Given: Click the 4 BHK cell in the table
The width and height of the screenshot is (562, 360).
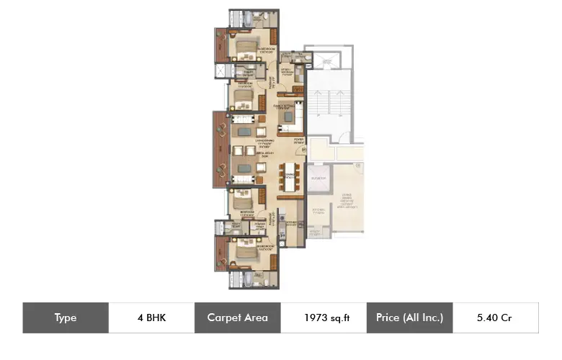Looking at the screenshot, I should click(x=151, y=318).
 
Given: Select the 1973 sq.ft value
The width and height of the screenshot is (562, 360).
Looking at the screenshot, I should click(x=324, y=318).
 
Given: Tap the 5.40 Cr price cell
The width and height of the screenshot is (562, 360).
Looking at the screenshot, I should click(x=495, y=318).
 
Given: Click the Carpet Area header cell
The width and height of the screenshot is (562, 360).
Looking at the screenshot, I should click(x=237, y=318).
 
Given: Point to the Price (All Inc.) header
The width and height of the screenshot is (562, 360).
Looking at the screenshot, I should click(x=409, y=318).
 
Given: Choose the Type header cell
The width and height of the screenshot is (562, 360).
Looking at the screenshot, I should click(x=66, y=318).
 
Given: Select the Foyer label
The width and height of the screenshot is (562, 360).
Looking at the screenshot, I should click(x=298, y=140).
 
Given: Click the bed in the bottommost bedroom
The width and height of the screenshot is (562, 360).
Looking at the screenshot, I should click(x=242, y=251).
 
